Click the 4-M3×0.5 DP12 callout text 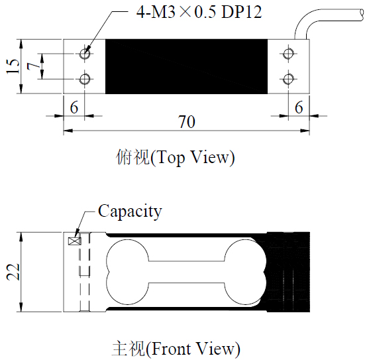(199, 13)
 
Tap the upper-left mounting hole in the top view (85, 54)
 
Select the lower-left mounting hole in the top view (85, 79)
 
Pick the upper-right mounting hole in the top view (288, 54)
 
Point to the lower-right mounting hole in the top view (288, 79)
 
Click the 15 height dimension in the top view (13, 66)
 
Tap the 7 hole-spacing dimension (33, 66)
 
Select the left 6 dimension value (74, 107)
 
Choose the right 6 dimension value (299, 107)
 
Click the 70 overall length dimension (187, 122)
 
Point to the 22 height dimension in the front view (13, 272)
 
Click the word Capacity (130, 211)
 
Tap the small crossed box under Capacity (74, 241)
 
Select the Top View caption (176, 158)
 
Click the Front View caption (176, 349)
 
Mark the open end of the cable (362, 15)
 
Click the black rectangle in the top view (186, 66)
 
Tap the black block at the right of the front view (288, 272)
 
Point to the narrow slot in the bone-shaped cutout (186, 272)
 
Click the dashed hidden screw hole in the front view (85, 272)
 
